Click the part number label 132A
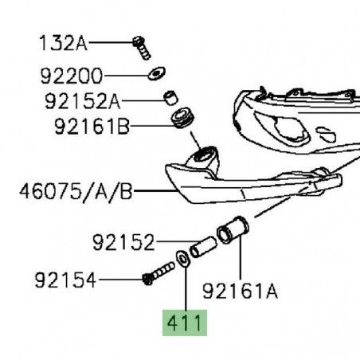[x=63, y=43]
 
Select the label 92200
[x=72, y=76]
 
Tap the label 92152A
[x=83, y=101]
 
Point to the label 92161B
[x=92, y=127]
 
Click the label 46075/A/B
[x=76, y=192]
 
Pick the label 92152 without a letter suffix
[x=123, y=242]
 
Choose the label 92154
[x=65, y=280]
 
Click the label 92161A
[x=241, y=292]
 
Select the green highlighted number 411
[x=185, y=323]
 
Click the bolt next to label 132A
[x=142, y=48]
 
